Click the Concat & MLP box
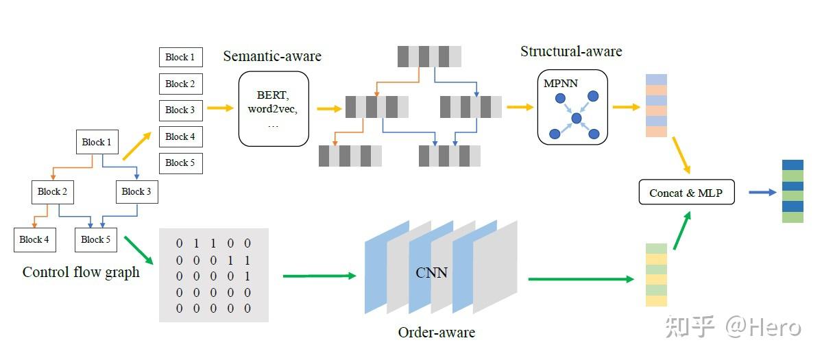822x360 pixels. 686,193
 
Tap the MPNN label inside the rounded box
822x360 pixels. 561,84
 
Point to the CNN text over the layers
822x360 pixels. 431,273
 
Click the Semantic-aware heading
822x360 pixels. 272,56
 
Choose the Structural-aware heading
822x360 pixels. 570,51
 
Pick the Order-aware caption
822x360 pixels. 436,333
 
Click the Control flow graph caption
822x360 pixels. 81,272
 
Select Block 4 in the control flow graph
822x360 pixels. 34,239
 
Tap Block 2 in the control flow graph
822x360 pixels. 53,191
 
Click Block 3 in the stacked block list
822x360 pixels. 180,110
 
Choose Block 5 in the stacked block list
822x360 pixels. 180,163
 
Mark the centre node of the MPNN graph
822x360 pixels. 576,119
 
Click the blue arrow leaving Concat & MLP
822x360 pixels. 762,193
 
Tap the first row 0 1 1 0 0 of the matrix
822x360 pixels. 213,243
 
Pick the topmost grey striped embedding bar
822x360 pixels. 429,56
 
